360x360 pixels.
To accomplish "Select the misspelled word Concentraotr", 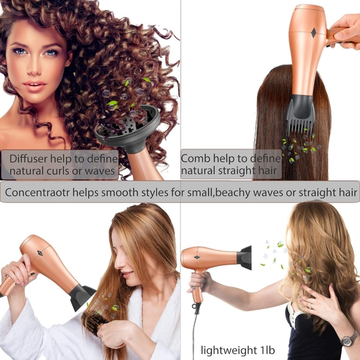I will point(37,192).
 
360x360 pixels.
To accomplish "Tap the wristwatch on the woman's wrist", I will point(348,338).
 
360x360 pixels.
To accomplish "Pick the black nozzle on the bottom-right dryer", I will point(245,258).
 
